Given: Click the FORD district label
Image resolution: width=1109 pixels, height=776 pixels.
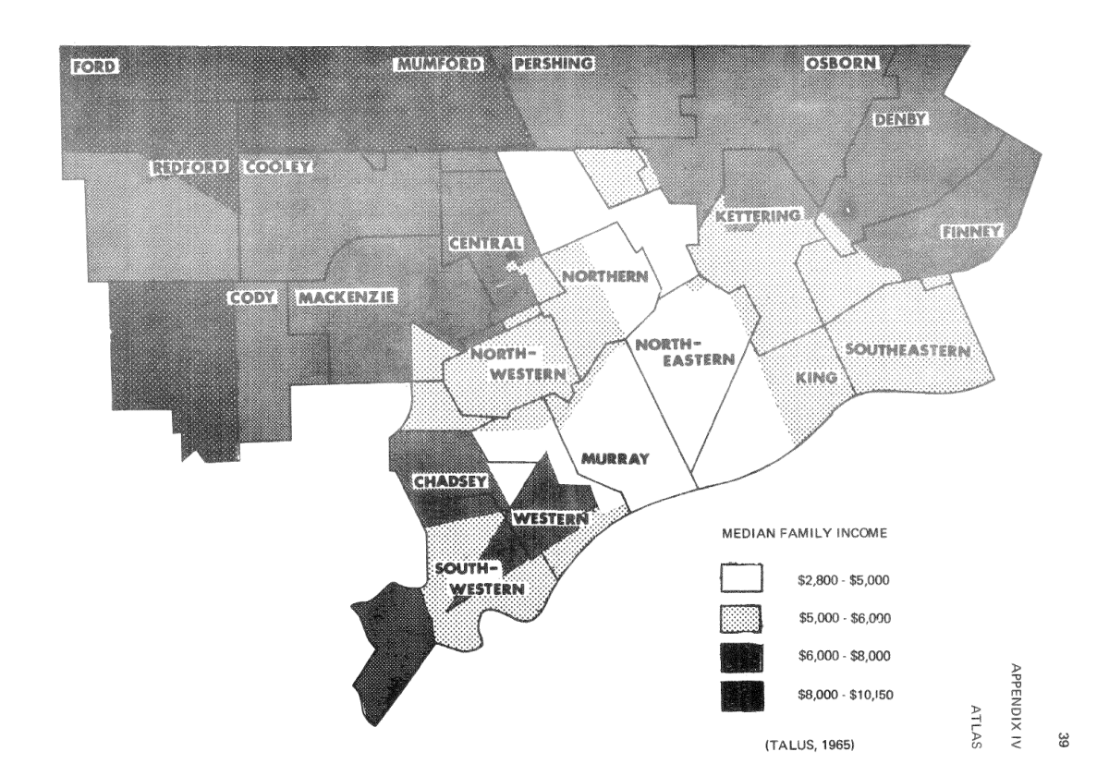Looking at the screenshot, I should pyautogui.click(x=91, y=66).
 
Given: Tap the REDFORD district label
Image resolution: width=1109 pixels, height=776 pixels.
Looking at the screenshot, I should pyautogui.click(x=191, y=168).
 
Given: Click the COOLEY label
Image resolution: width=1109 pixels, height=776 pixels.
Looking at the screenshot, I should pyautogui.click(x=278, y=168).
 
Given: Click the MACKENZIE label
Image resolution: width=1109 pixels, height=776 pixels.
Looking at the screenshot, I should pyautogui.click(x=347, y=297).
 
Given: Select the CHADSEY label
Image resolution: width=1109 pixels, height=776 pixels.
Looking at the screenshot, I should pyautogui.click(x=445, y=481).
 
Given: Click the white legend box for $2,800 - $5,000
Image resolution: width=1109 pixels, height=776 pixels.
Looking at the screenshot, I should pyautogui.click(x=742, y=580).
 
